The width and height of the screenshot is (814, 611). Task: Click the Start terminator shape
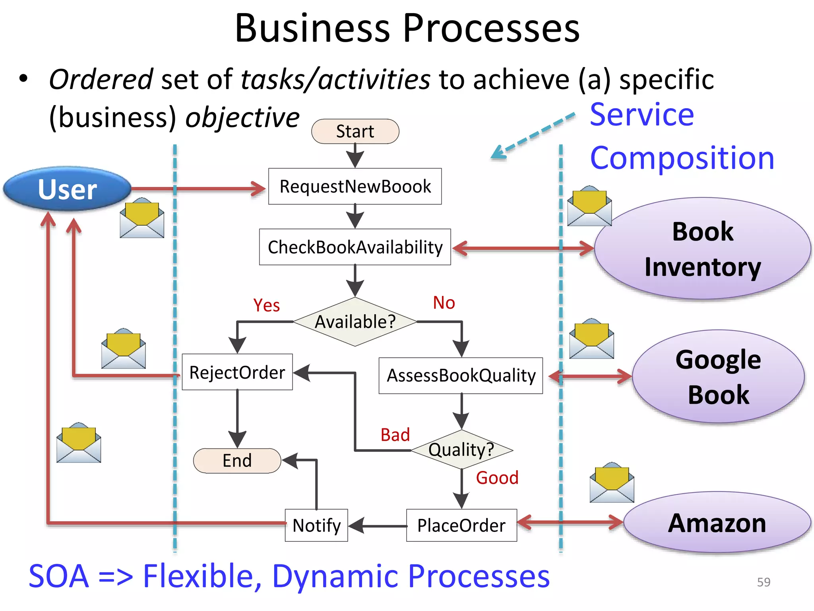point(355,131)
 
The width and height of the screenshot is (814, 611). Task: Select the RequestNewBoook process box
point(355,186)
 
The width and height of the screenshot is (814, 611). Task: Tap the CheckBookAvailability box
point(355,247)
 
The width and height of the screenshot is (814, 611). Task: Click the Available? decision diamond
point(355,321)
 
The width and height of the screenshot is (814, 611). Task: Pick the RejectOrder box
point(237,372)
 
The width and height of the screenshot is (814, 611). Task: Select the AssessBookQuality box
point(461,376)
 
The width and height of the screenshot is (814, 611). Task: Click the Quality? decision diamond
point(461,449)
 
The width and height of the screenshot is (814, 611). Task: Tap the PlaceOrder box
point(461,525)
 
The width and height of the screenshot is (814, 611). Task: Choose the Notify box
point(316,525)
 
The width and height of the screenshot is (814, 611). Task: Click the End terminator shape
point(237,461)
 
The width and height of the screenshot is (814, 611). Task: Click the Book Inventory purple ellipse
point(702,249)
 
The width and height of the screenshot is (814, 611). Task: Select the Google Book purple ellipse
point(718,376)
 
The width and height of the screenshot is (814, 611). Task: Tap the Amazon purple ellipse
point(717,523)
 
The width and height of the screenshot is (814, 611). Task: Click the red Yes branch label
point(266,305)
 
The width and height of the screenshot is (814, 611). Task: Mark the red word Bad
point(395,435)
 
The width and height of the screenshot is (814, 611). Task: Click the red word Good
point(497,478)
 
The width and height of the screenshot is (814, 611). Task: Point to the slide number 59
point(764,582)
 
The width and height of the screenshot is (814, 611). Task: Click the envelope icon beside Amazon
point(612,483)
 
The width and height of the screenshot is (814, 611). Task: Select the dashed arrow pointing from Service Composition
point(533,136)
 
